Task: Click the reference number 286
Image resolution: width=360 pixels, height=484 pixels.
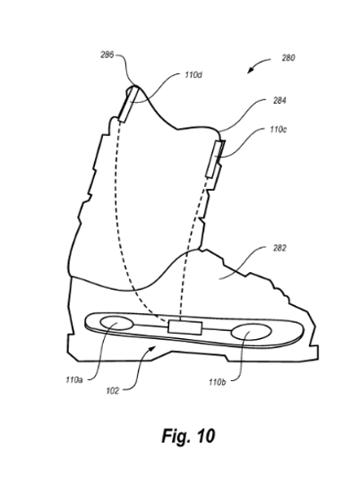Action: tap(107, 55)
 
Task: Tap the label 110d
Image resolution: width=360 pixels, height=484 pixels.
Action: tap(193, 75)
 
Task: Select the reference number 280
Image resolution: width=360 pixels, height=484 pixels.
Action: tap(288, 58)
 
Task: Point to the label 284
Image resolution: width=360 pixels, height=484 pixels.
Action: tap(279, 100)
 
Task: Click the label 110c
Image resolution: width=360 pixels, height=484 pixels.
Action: tap(278, 130)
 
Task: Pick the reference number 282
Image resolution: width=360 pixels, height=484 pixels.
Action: tap(279, 248)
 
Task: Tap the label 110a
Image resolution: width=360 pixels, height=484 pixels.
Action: tap(74, 379)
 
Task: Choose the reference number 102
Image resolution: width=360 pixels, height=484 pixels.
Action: tap(113, 391)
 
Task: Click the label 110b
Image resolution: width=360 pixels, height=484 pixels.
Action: tap(217, 382)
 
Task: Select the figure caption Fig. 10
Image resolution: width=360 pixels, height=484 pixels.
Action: tap(188, 437)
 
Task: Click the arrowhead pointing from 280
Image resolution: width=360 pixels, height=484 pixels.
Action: tap(251, 71)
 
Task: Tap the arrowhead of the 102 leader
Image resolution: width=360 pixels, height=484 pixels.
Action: tap(152, 349)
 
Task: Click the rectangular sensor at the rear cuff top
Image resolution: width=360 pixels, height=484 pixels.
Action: tap(127, 104)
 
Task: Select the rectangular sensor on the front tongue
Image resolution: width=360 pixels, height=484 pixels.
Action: tap(216, 158)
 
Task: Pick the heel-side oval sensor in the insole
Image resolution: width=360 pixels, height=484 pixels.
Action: tap(116, 323)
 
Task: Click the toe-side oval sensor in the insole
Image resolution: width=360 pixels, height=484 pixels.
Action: tap(252, 332)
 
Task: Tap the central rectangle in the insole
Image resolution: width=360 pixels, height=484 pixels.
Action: tap(185, 327)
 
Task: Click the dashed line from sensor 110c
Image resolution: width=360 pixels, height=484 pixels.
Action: tap(192, 247)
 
